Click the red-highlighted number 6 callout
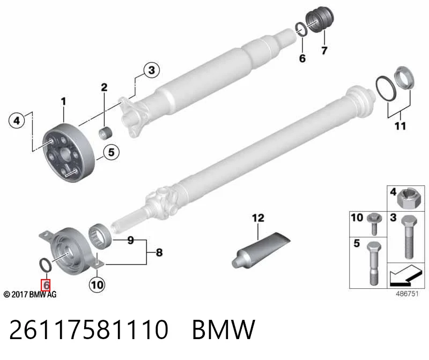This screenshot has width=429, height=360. (46, 285)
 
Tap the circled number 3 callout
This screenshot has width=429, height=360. (152, 70)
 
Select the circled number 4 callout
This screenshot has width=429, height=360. (17, 121)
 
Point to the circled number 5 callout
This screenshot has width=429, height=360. (111, 152)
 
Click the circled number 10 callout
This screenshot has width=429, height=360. (97, 285)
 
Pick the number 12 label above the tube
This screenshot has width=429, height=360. (258, 218)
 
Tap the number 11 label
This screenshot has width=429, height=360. (400, 126)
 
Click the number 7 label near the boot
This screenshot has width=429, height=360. (324, 50)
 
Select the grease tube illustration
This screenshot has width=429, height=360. (261, 250)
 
